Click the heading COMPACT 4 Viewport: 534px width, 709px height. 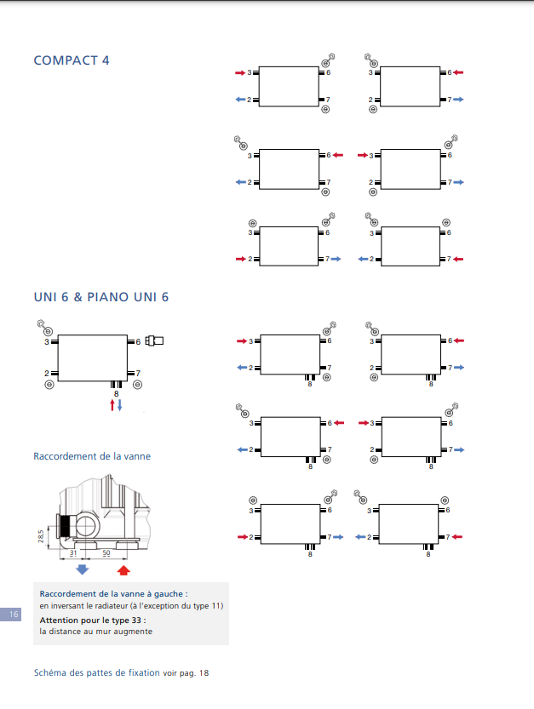coord(71,60)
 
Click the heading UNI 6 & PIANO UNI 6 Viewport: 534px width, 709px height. coord(100,296)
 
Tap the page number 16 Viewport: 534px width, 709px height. coord(12,614)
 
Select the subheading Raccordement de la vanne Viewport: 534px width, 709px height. coord(91,456)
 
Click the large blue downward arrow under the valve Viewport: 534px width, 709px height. coord(83,569)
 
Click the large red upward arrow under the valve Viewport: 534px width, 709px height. coord(123,569)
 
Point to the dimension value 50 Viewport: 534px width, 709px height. coord(106,553)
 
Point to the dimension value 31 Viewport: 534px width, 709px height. coord(73,553)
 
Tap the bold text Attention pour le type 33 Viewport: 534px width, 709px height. coord(92,620)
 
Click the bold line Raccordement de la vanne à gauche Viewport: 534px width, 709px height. coord(113,593)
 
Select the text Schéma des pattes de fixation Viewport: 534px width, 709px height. coord(95,672)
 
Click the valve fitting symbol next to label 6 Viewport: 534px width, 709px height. coord(154,341)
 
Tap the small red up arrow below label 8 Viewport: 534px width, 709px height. coord(112,405)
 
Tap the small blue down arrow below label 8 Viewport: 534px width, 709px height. coord(120,405)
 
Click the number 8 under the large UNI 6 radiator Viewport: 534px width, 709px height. coord(116,393)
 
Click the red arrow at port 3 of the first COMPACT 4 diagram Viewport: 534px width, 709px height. coord(239,73)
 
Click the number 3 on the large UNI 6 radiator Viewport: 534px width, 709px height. coord(47,341)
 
